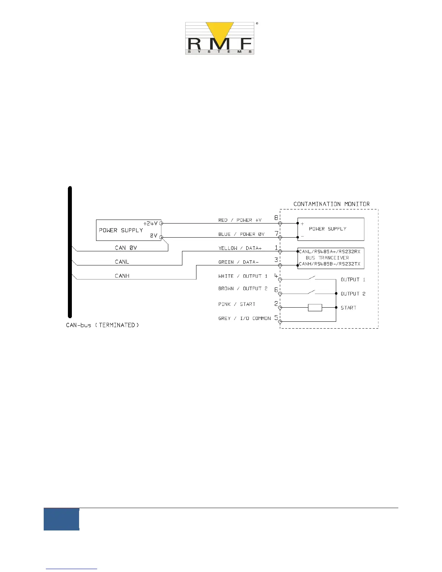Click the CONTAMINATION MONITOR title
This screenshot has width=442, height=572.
click(331, 204)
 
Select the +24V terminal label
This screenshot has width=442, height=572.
click(151, 224)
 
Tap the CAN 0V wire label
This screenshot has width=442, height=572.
click(126, 248)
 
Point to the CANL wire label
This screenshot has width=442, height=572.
click(122, 262)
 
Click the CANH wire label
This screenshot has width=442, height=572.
click(122, 276)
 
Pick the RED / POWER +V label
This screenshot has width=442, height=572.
click(240, 220)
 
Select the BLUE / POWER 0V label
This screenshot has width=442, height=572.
click(241, 234)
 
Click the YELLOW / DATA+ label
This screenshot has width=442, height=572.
click(240, 248)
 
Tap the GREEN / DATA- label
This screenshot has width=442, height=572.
click(238, 262)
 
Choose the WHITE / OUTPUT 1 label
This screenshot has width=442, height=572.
click(243, 276)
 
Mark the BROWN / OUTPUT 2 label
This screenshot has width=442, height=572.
click(243, 289)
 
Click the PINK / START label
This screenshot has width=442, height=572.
click(237, 304)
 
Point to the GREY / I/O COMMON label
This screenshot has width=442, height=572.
click(244, 318)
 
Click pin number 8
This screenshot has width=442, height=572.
click(276, 218)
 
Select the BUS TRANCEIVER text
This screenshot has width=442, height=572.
click(327, 258)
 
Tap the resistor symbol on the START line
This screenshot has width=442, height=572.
click(315, 308)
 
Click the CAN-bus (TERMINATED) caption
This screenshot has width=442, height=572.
click(103, 325)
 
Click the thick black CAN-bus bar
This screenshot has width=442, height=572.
click(70, 253)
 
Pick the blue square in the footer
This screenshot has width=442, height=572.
click(61, 519)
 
